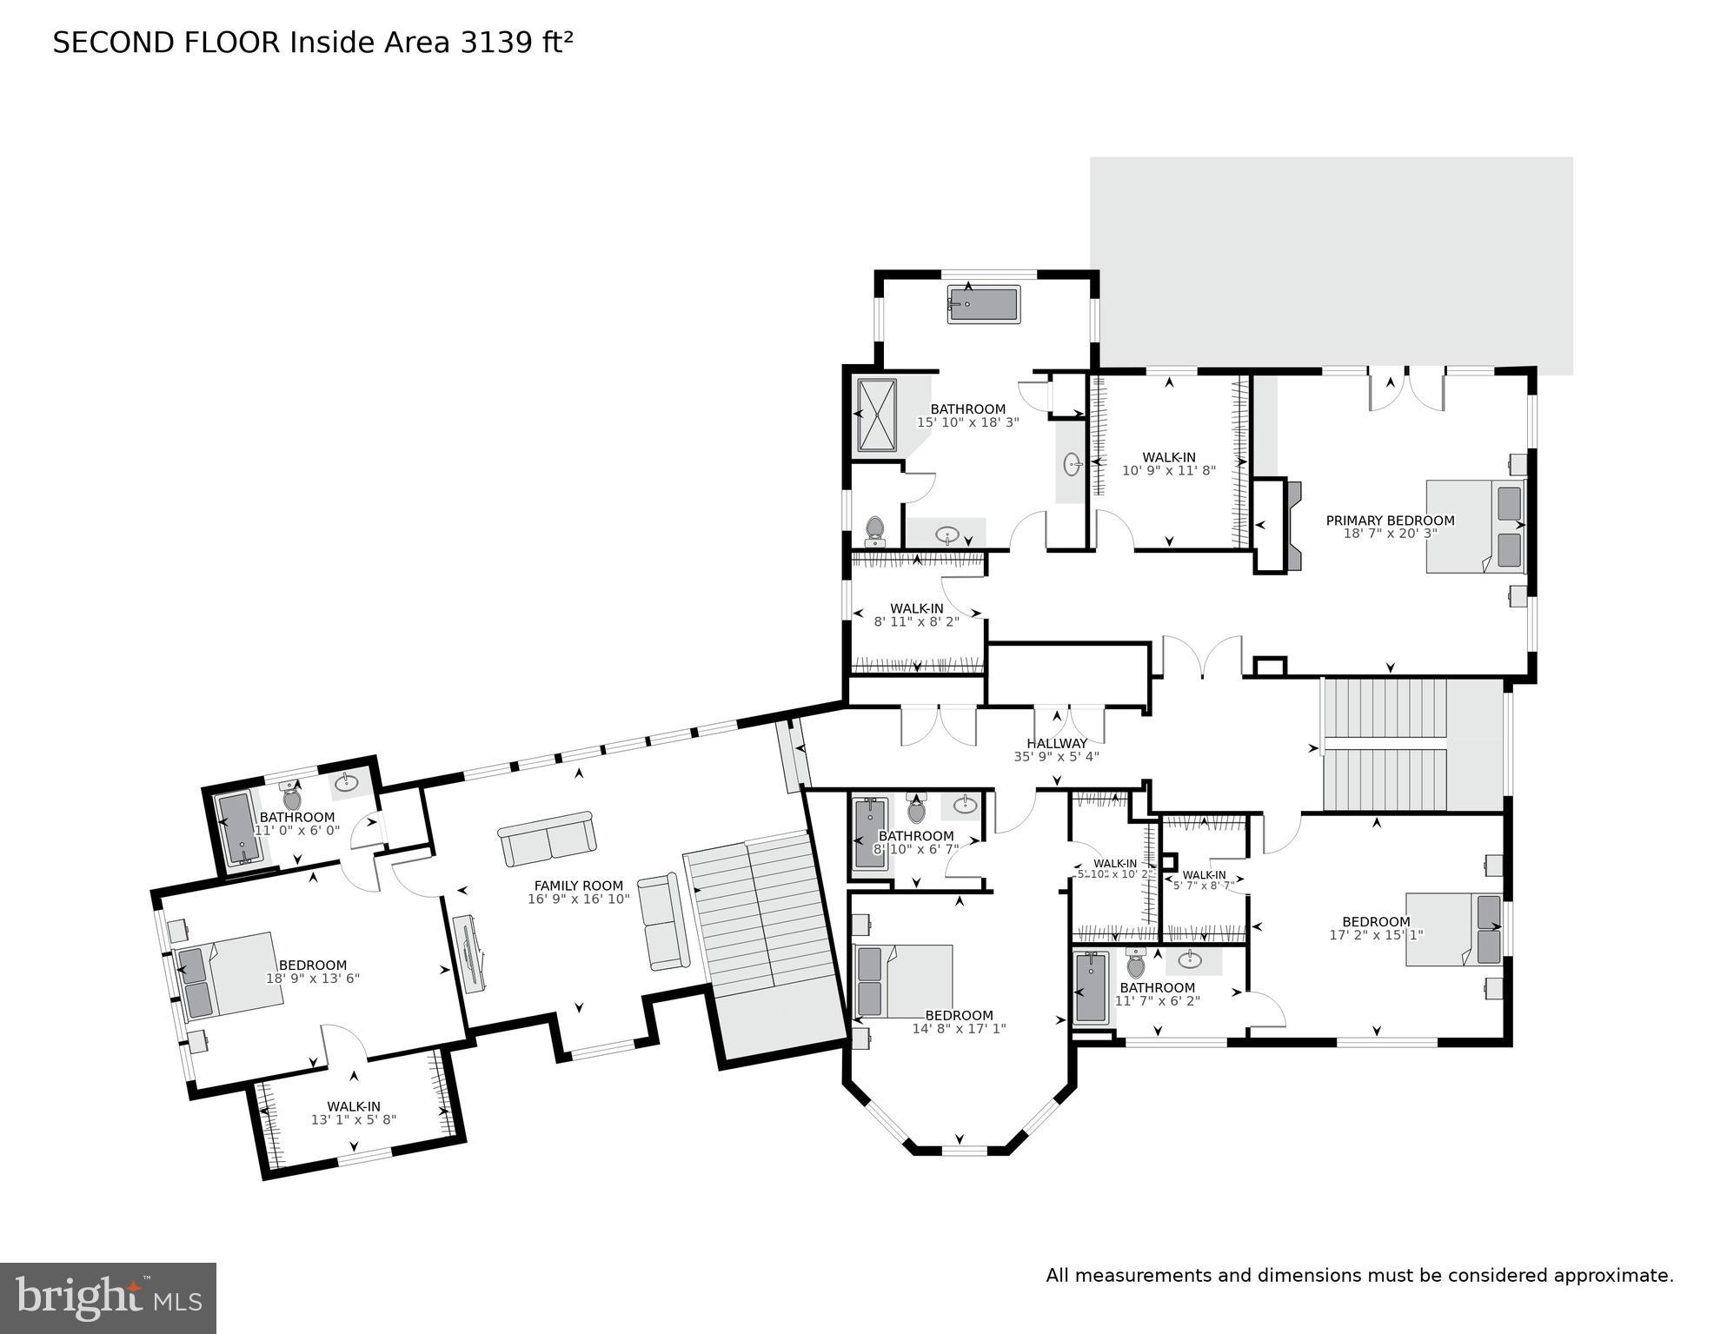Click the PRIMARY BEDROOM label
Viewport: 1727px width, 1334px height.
click(1389, 521)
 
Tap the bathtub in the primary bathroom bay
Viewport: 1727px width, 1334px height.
click(982, 305)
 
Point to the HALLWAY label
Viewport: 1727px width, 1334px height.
click(1056, 744)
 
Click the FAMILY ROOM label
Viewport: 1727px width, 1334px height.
click(578, 886)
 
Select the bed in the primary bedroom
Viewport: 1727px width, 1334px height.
click(1475, 526)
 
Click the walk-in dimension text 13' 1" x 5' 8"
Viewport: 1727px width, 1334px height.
click(353, 1119)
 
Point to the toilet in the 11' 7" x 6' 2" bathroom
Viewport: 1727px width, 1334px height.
click(1135, 964)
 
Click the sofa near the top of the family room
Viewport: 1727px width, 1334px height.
click(547, 838)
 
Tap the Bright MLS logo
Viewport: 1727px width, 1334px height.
click(108, 1298)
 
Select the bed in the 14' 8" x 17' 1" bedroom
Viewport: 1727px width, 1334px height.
click(904, 981)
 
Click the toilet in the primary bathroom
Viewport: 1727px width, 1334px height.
click(874, 530)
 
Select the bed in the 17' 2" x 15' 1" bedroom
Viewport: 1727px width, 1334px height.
click(1453, 929)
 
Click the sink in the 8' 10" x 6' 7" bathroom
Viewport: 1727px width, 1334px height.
click(965, 805)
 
